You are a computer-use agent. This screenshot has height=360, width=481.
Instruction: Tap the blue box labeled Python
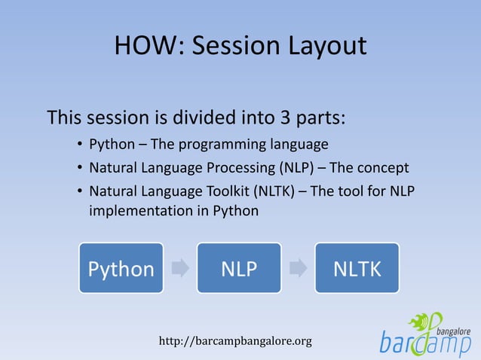pos(121,268)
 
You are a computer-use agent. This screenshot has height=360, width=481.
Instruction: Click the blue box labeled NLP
pos(238,268)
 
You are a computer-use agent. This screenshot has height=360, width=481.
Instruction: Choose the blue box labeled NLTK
pos(357,268)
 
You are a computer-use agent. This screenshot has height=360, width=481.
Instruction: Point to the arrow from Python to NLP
pos(180,268)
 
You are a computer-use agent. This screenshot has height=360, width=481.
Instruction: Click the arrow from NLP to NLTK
pos(298,268)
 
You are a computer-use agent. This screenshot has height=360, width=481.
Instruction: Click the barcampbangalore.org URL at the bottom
pos(235,341)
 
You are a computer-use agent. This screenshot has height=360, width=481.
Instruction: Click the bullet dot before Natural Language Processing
pos(79,166)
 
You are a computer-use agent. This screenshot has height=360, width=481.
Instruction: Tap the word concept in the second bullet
pos(382,166)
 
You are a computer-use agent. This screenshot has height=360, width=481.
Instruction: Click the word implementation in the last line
pos(138,211)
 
